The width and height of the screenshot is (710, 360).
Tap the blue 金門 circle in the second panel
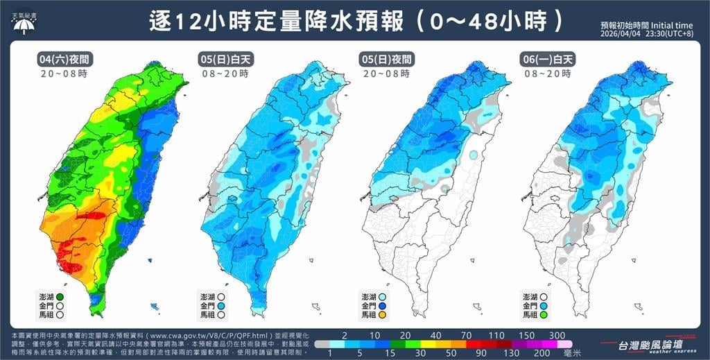221,305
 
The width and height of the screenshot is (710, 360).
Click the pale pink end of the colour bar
565,343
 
